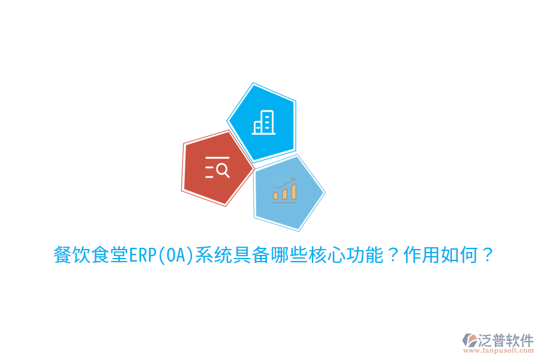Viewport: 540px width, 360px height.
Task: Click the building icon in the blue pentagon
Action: [x=263, y=122]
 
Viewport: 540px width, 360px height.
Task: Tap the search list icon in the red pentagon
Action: [x=217, y=169]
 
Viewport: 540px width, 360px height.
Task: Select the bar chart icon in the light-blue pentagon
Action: [x=284, y=191]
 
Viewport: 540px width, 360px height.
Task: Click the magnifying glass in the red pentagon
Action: [x=223, y=170]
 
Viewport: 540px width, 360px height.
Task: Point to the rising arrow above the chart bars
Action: [x=286, y=182]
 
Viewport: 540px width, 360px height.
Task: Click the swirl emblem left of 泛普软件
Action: [x=469, y=340]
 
